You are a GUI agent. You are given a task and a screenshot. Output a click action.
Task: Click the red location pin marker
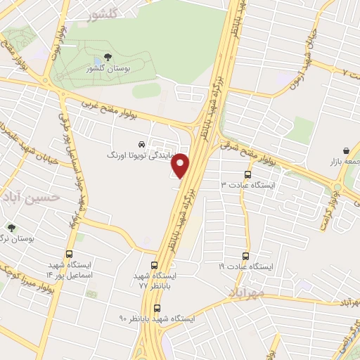coord(181,166)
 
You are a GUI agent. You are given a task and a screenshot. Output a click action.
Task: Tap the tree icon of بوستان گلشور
coord(107,57)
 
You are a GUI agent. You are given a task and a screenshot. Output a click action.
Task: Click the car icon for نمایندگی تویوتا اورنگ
coord(143,143)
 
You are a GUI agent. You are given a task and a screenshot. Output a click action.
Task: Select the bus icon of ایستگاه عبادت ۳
coord(247,174)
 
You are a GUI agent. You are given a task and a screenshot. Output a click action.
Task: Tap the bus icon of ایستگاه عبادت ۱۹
coord(245,256)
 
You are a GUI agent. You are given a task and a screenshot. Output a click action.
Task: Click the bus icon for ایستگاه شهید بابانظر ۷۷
coord(154,265)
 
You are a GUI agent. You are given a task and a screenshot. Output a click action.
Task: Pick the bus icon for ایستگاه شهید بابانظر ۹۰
coord(156,307)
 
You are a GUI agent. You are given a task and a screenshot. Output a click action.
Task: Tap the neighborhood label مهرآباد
coord(246,291)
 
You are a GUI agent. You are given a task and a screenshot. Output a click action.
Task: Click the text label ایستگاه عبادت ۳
coord(250,185)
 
